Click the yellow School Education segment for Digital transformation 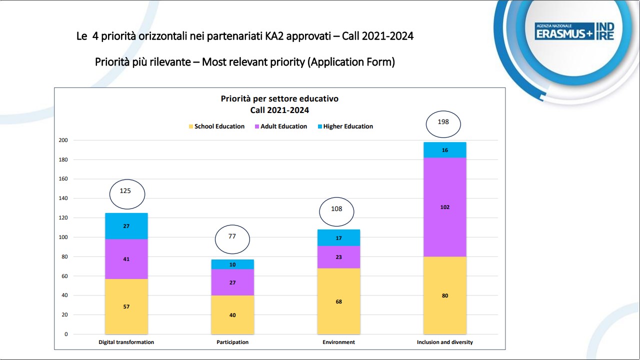[126, 306]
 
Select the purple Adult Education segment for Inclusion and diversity [444, 207]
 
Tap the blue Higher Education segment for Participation [232, 264]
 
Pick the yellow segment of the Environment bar [338, 301]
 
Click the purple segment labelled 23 [338, 257]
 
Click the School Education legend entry [216, 126]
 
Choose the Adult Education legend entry [280, 126]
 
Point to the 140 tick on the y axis [63, 198]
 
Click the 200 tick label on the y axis [63, 140]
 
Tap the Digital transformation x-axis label [126, 342]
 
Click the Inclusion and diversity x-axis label [444, 342]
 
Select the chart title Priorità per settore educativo [279, 98]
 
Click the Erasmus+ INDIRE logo [574, 31]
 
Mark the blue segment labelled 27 [126, 226]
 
